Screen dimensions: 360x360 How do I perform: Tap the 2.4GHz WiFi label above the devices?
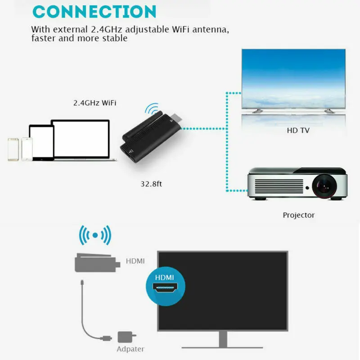pyautogui.click(x=95, y=103)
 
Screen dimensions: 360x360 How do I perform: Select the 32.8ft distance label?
pyautogui.click(x=152, y=184)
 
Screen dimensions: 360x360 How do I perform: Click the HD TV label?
pyautogui.click(x=298, y=131)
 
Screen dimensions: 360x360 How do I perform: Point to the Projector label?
pyautogui.click(x=298, y=215)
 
